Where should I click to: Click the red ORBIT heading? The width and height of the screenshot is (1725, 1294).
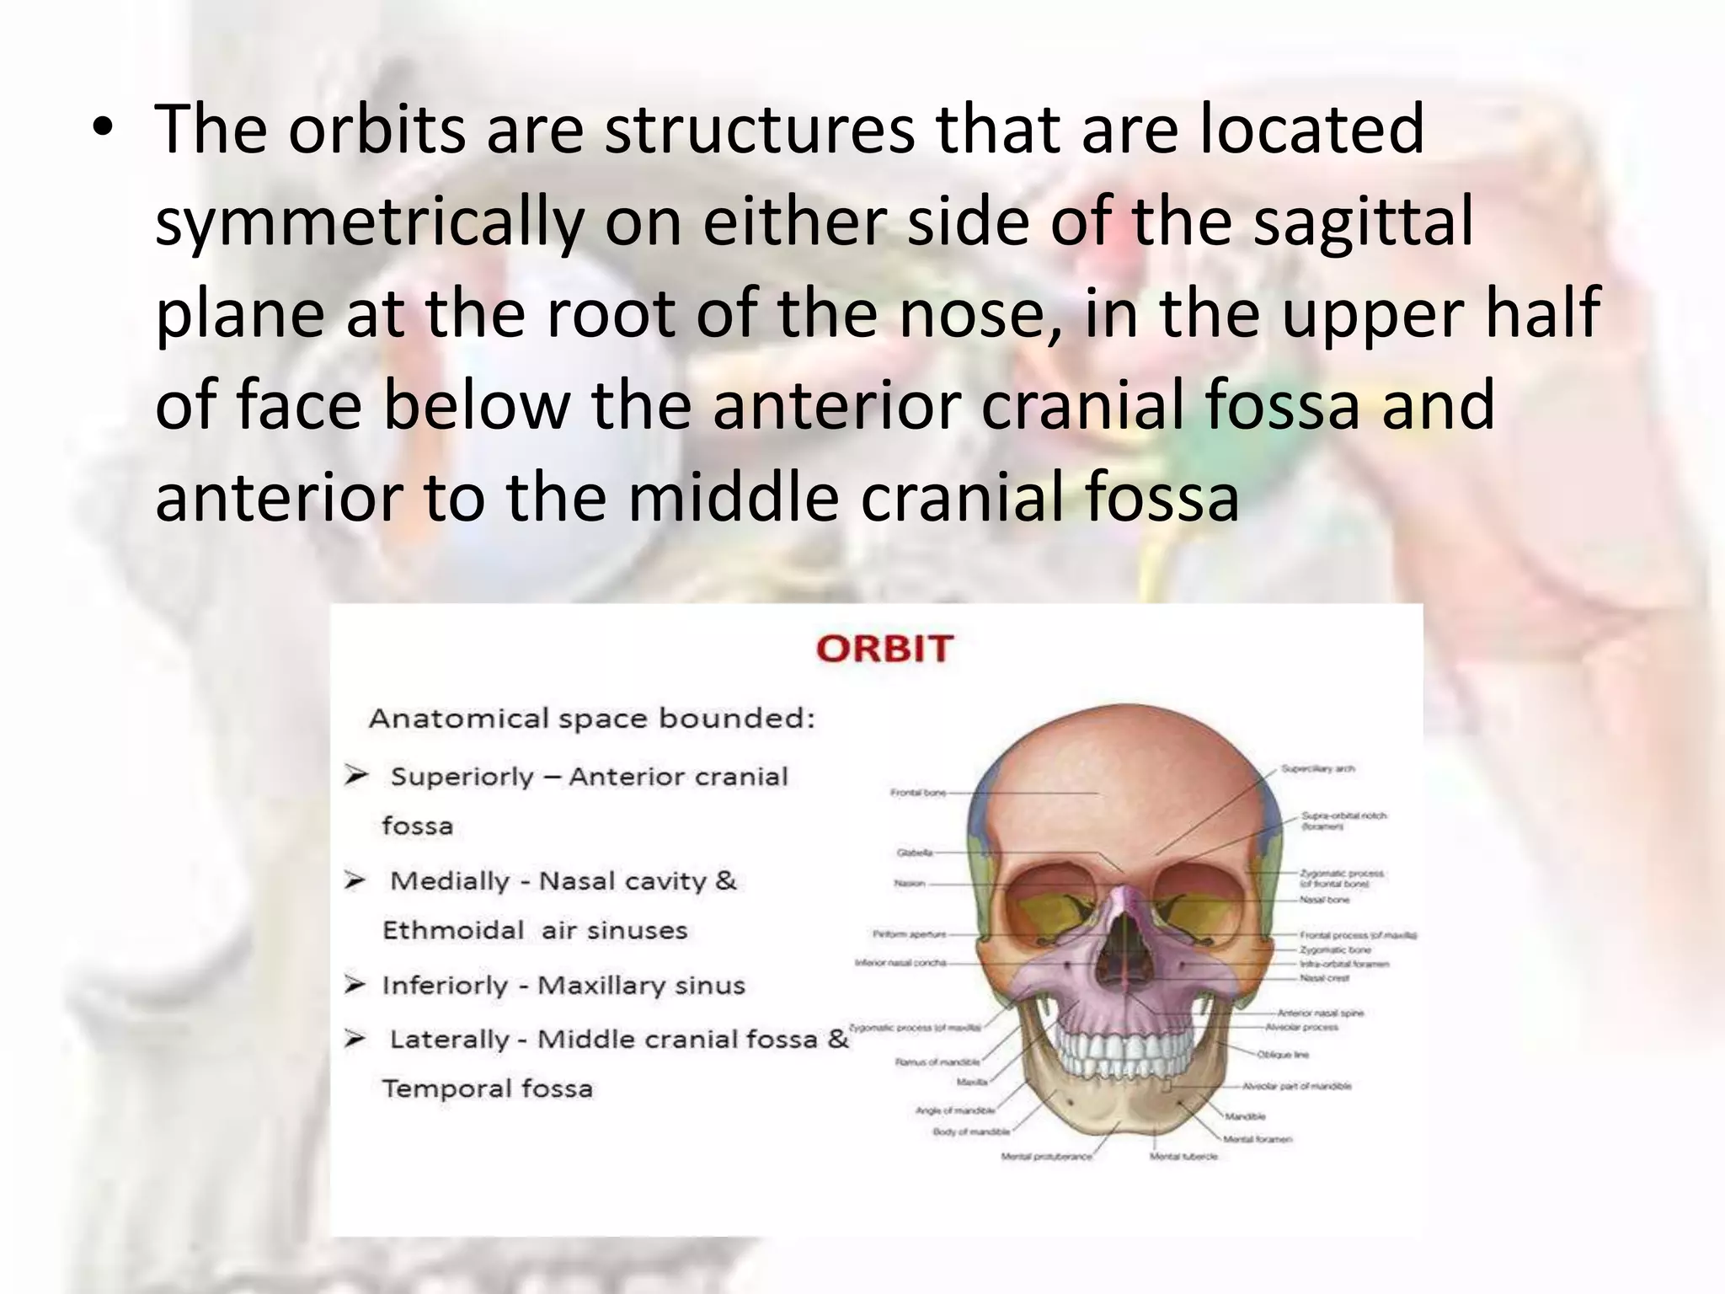pyautogui.click(x=884, y=649)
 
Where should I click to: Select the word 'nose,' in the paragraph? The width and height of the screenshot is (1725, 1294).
pyautogui.click(x=980, y=313)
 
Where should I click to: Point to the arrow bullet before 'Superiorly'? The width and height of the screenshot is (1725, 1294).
pyautogui.click(x=356, y=775)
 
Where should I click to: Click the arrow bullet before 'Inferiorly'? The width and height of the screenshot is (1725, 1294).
pyautogui.click(x=355, y=984)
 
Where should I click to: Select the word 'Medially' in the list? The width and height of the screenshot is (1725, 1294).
pyautogui.click(x=450, y=881)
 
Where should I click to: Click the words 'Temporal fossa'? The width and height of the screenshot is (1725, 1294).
pyautogui.click(x=488, y=1088)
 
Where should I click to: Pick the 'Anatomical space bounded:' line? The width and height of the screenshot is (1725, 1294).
pyautogui.click(x=592, y=719)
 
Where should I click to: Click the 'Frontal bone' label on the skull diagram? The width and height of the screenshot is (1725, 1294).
pyautogui.click(x=917, y=793)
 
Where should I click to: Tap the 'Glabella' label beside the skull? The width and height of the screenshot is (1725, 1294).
pyautogui.click(x=915, y=853)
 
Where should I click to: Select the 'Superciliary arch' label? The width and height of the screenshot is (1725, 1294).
pyautogui.click(x=1317, y=769)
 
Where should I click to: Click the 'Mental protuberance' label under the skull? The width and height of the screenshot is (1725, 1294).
pyautogui.click(x=1046, y=1157)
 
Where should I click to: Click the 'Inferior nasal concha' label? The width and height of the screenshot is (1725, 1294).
pyautogui.click(x=900, y=963)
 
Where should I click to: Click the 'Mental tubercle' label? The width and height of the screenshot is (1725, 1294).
pyautogui.click(x=1183, y=1157)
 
